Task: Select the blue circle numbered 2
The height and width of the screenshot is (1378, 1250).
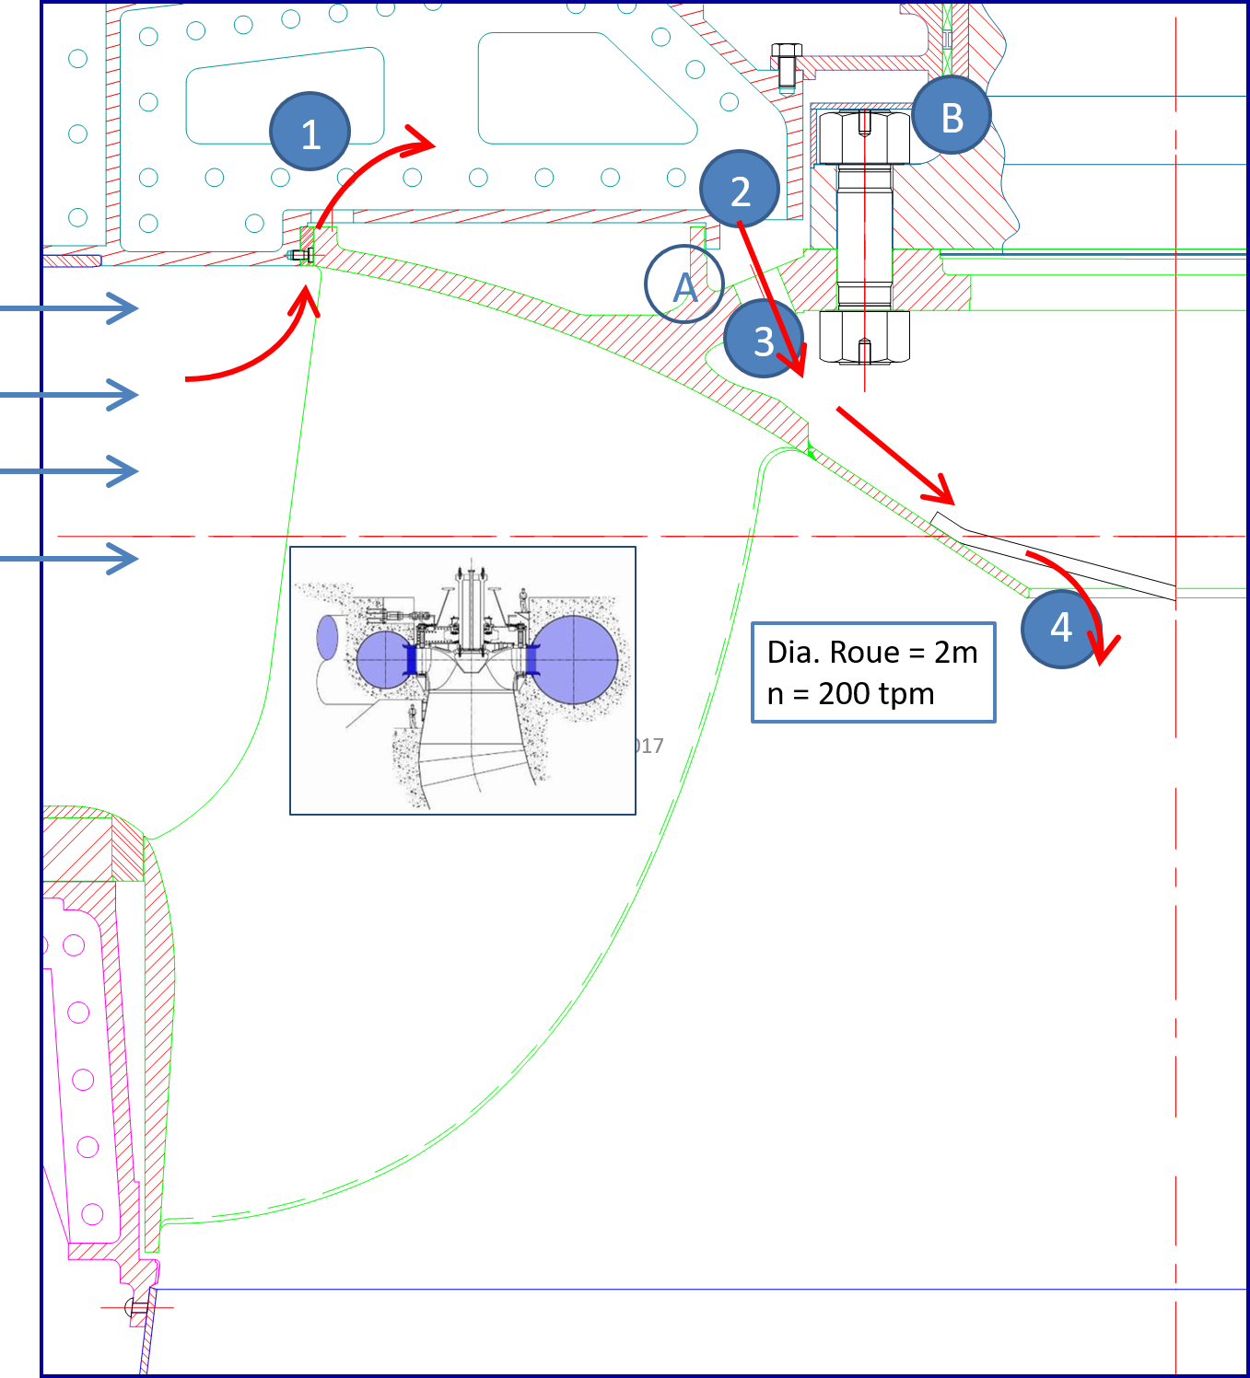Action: [740, 190]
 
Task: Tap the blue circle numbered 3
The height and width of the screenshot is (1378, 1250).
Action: [764, 340]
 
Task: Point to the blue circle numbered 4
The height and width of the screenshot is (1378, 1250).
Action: [1061, 629]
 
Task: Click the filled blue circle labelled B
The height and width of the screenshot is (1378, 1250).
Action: [952, 116]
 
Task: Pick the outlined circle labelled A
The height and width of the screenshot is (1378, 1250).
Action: [684, 284]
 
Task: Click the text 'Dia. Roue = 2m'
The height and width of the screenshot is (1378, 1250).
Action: [872, 652]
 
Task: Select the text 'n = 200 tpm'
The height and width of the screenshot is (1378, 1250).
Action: [850, 693]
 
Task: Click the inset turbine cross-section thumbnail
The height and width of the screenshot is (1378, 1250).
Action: [462, 680]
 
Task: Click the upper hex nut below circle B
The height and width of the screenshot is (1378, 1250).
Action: [864, 138]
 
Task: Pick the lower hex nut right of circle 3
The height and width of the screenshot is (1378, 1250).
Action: [864, 336]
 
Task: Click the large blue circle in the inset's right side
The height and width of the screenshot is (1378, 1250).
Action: [576, 660]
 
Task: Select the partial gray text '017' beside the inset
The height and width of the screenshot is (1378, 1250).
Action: [649, 746]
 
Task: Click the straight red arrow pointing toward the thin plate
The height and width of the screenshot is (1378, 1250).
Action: [894, 455]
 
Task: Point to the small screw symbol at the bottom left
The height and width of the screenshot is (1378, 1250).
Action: [137, 1306]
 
